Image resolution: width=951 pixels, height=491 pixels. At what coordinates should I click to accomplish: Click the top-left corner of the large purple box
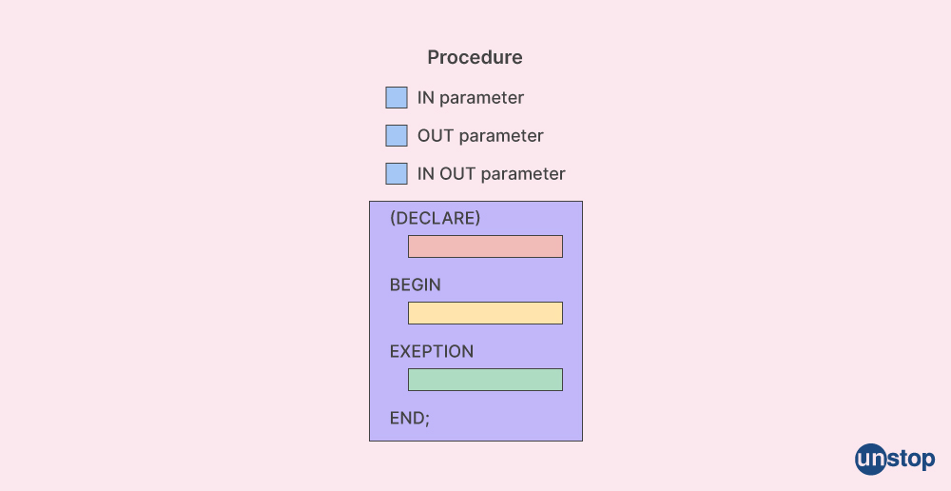369,202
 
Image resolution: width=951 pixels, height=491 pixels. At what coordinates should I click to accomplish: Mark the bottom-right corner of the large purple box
583,442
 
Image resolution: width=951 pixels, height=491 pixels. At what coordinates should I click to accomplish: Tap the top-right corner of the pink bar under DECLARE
563,235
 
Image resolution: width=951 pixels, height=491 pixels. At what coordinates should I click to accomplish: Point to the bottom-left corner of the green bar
408,391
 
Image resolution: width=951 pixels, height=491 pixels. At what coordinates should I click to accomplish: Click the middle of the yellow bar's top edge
485,303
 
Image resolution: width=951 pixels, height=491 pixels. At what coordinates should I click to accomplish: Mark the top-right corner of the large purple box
583,202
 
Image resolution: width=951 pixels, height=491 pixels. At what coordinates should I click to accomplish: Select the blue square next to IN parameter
397,98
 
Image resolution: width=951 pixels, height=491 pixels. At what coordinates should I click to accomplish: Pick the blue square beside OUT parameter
397,135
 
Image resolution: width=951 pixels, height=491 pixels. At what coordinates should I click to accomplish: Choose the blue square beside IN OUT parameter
397,173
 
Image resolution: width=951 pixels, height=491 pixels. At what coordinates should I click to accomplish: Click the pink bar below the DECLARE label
485,246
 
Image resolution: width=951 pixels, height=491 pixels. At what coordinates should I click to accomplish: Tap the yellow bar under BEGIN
485,313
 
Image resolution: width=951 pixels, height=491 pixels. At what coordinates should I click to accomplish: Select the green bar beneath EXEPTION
485,380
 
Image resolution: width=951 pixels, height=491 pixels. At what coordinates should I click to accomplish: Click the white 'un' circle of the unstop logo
871,460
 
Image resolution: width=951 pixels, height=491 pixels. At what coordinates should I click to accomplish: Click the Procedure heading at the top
475,57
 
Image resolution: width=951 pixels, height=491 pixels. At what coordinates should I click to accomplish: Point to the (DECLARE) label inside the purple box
435,218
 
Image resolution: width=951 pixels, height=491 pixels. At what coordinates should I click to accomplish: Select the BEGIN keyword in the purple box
416,285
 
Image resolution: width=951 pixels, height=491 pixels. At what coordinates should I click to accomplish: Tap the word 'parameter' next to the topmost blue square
481,98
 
